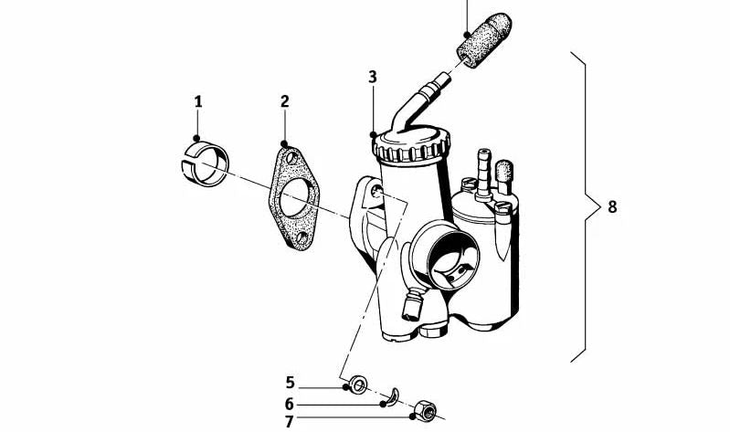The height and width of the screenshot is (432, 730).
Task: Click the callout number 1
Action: (x=198, y=102)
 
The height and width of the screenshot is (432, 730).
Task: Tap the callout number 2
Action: (x=284, y=101)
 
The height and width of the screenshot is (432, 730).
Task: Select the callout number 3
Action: (x=373, y=78)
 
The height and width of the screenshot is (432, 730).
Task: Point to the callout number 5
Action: (x=290, y=383)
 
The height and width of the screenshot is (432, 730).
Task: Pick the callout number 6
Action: (x=290, y=403)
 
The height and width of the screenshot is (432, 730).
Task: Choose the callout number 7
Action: (x=289, y=422)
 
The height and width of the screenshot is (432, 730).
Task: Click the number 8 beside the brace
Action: (x=612, y=206)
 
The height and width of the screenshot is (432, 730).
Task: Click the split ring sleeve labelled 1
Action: (x=204, y=163)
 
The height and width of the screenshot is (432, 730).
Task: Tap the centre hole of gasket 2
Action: (x=294, y=198)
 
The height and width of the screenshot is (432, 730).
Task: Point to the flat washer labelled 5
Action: (x=357, y=385)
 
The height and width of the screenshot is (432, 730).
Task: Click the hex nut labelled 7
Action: (x=425, y=410)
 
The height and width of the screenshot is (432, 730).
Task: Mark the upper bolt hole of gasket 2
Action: (x=291, y=158)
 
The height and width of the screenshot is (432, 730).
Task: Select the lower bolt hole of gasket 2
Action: (x=302, y=238)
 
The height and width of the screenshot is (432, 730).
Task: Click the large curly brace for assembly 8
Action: (x=586, y=206)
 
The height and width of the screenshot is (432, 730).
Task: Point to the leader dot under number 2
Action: (x=284, y=143)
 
